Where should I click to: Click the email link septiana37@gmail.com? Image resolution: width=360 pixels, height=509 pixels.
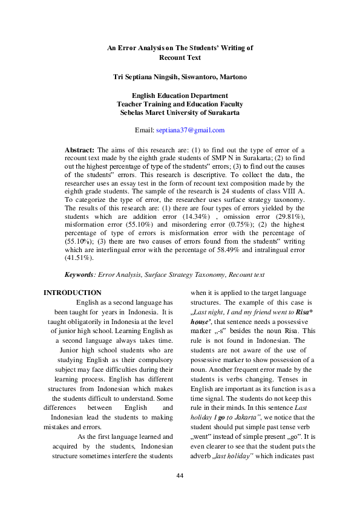[190, 130]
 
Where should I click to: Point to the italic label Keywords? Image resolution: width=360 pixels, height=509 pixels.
[79, 274]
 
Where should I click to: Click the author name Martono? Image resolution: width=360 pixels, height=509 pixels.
[231, 77]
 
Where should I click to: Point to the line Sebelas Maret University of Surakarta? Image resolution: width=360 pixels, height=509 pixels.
[180, 112]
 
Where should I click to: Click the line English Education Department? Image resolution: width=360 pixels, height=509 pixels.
[180, 96]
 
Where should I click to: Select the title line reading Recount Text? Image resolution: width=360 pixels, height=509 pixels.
[180, 58]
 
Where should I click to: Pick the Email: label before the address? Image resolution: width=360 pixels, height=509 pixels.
[145, 130]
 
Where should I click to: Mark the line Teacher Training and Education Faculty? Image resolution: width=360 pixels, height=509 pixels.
[180, 104]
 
